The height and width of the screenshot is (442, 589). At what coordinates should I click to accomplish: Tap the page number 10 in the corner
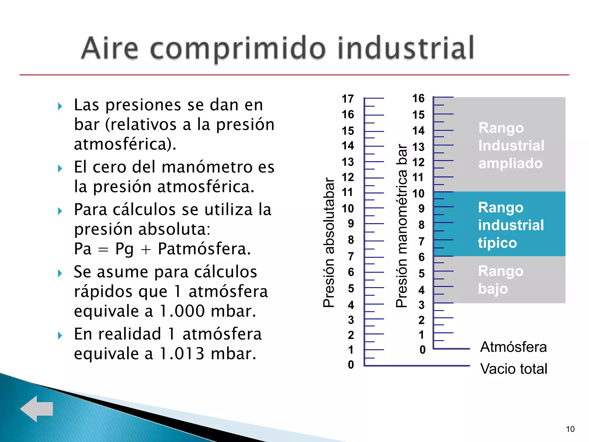570,429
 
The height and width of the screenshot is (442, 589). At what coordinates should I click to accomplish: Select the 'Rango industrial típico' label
511,225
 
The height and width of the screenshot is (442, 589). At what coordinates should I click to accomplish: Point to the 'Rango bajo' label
500,280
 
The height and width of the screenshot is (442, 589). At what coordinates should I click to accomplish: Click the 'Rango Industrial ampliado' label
511,146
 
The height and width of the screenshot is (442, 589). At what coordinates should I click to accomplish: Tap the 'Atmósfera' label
513,347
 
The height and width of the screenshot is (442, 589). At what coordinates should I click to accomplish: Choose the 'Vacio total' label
514,369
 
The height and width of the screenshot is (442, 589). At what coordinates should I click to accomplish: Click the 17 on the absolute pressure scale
348,99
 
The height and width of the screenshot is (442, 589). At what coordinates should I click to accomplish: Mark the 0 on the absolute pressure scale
351,365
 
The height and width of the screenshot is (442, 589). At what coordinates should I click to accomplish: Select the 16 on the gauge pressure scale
418,98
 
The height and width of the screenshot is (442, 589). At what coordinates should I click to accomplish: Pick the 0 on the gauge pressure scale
422,350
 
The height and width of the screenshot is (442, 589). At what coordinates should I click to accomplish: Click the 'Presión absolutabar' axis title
329,242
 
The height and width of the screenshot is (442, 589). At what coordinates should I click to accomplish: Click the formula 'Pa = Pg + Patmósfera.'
162,249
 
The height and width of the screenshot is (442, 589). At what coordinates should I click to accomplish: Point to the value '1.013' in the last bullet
182,354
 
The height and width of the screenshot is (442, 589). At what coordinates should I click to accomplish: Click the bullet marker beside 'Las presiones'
60,106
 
